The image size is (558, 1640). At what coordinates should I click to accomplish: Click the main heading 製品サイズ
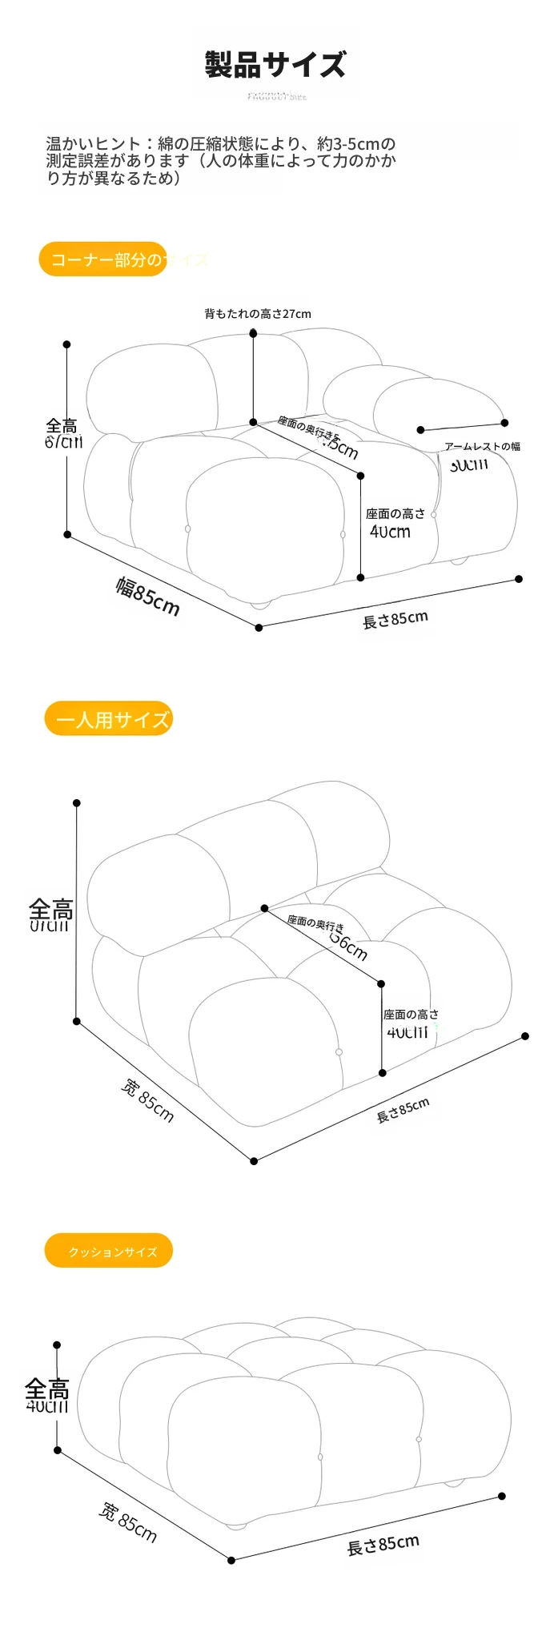(275, 65)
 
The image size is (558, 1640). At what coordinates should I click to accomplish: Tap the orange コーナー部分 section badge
(104, 259)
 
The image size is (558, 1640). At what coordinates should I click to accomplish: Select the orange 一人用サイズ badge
(110, 719)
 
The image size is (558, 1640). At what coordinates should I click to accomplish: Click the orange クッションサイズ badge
(110, 1251)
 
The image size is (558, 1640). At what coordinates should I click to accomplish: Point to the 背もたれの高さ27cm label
(257, 314)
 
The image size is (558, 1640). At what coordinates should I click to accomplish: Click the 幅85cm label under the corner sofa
(148, 597)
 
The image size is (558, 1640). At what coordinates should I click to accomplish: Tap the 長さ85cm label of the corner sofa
(395, 619)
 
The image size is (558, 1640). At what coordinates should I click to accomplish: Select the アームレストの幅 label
(482, 446)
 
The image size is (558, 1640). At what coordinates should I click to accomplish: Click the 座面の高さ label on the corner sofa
(395, 514)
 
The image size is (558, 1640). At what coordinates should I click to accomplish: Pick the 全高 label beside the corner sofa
(62, 427)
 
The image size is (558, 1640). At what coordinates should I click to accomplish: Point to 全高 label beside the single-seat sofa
(51, 910)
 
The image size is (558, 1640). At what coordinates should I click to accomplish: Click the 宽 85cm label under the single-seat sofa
(147, 1100)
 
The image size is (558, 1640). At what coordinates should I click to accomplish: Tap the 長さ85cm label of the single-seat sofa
(403, 1110)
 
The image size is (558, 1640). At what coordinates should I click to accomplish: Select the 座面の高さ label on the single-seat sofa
(411, 1015)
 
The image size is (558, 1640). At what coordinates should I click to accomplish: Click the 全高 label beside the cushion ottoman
(47, 1388)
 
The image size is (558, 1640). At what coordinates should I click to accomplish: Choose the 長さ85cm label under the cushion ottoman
(383, 1545)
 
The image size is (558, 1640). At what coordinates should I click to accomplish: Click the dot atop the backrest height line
(253, 332)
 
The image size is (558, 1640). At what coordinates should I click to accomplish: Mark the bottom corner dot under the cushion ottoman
(231, 1560)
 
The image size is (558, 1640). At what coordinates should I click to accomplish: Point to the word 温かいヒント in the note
(94, 144)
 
